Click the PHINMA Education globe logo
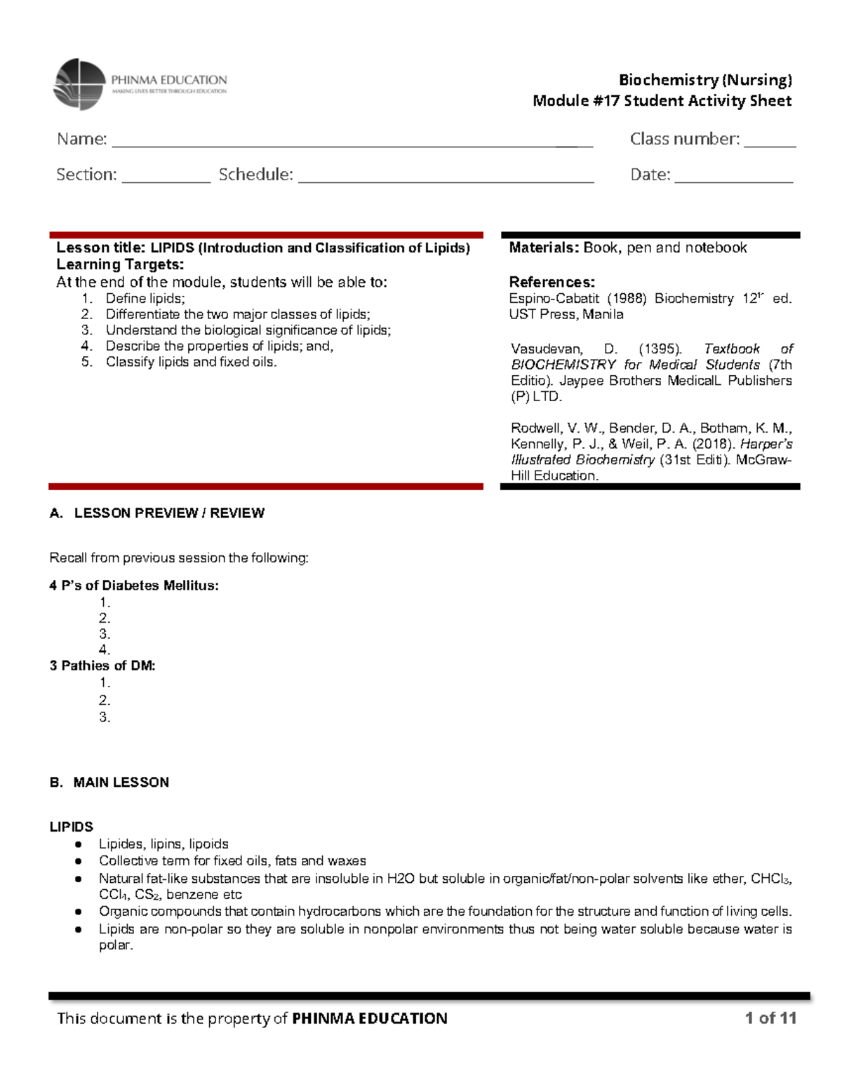click(x=79, y=84)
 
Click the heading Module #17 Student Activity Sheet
click(x=662, y=101)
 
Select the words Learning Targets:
click(x=120, y=264)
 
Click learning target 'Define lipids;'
click(x=145, y=299)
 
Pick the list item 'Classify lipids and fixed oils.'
click(x=191, y=363)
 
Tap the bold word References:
click(x=552, y=283)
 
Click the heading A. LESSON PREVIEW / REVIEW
click(x=157, y=513)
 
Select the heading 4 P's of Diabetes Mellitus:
click(x=134, y=586)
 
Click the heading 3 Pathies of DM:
click(x=102, y=665)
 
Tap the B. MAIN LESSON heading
click(x=109, y=783)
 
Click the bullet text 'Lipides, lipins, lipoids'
click(x=163, y=844)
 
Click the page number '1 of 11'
click(x=770, y=1018)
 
